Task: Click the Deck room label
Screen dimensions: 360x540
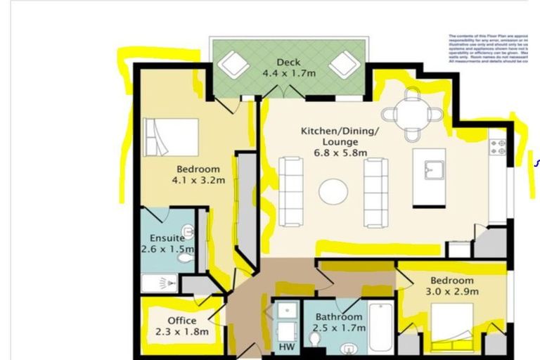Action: (x=288, y=63)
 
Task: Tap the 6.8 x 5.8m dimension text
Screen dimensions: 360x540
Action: (x=330, y=154)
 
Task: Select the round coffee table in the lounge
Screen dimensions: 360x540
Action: (x=333, y=191)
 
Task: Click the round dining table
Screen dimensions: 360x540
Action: (x=413, y=112)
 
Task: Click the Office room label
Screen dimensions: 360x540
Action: (x=181, y=321)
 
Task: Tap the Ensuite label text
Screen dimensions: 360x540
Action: (x=167, y=238)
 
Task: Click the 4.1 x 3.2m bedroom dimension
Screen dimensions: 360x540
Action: (x=198, y=180)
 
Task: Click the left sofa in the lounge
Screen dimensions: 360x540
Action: (x=291, y=191)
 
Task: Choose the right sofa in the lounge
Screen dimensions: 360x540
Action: (x=375, y=191)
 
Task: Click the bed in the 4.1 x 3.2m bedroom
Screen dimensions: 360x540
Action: (x=171, y=136)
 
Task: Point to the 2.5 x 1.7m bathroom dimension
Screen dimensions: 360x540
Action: (x=340, y=328)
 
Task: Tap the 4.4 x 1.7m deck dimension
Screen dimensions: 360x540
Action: (x=288, y=73)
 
